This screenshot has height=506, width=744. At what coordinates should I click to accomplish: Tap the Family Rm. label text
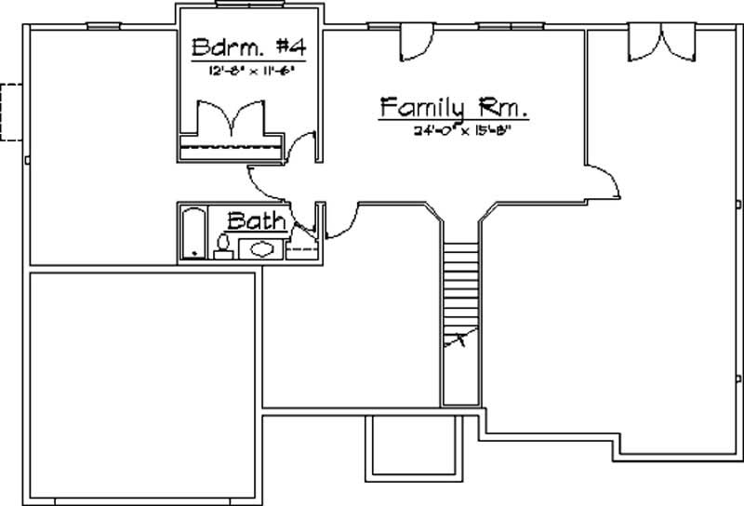454,107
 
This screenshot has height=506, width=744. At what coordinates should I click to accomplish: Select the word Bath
257,221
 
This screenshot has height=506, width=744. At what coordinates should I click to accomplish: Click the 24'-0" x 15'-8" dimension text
463,131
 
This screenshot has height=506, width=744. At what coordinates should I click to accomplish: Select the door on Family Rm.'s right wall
604,178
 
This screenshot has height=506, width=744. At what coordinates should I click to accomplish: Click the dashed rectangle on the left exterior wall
11,111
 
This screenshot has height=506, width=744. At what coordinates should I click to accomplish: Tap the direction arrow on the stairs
457,341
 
